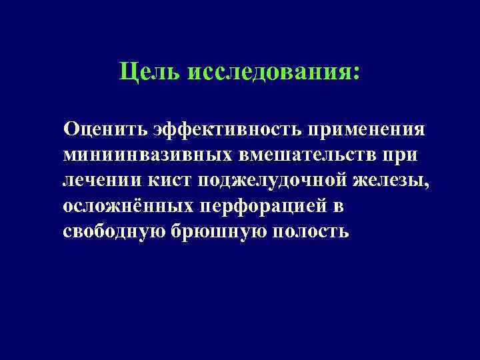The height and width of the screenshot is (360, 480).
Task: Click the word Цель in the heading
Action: click(x=149, y=73)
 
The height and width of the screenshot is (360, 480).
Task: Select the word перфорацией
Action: click(x=265, y=207)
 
